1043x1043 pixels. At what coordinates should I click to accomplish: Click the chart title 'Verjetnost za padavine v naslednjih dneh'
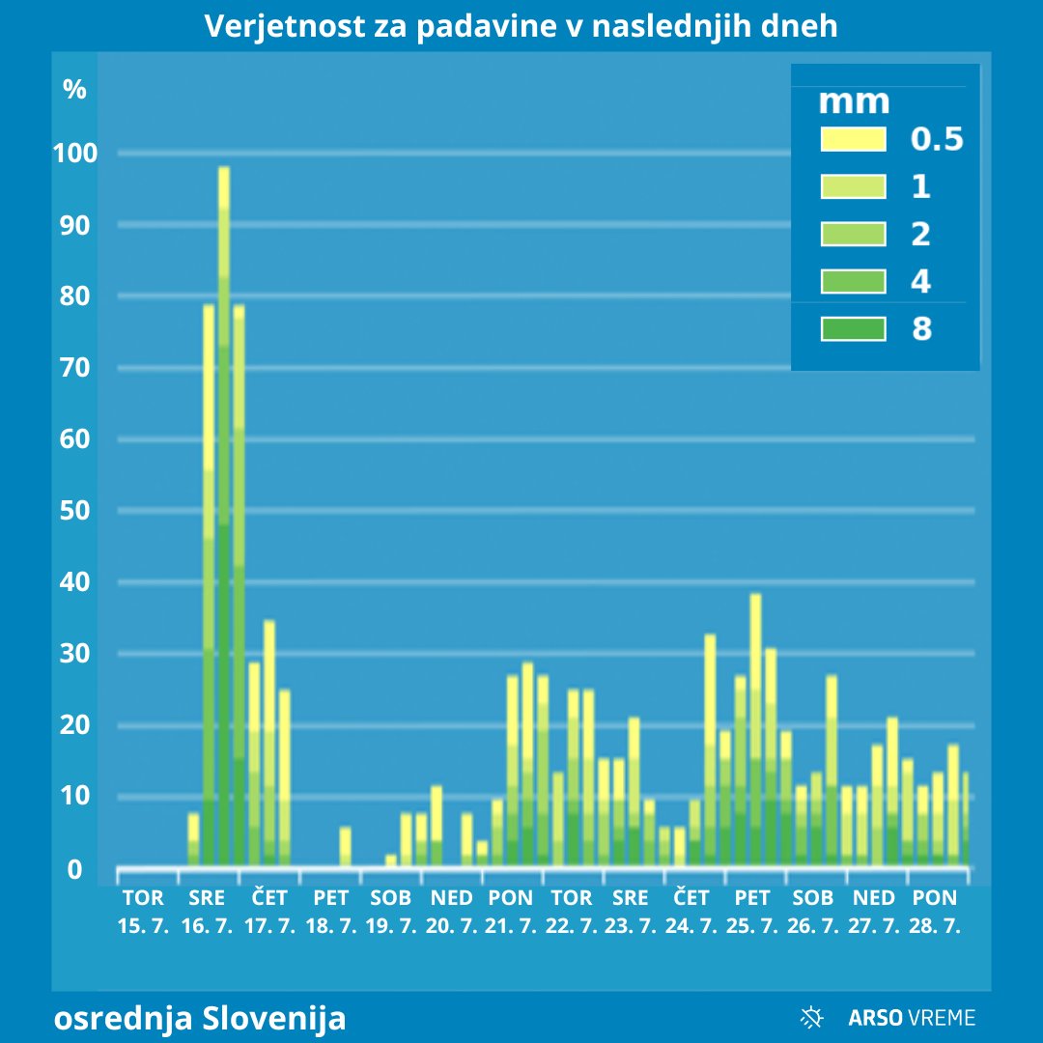coord(521,26)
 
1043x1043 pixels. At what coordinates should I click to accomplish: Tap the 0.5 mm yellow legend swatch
coord(853,139)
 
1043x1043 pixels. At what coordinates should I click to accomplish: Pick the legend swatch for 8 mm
coord(853,329)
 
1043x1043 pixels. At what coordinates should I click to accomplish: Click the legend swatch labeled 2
coord(853,234)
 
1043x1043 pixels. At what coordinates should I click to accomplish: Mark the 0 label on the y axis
coord(75,870)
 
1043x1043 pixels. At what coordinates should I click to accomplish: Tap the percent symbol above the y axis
coord(75,90)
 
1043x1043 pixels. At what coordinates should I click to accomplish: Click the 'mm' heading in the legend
coord(854,101)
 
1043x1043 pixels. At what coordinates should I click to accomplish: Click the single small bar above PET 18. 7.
coord(346,846)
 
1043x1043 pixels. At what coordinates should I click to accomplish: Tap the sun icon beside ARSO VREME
coord(812,1017)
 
